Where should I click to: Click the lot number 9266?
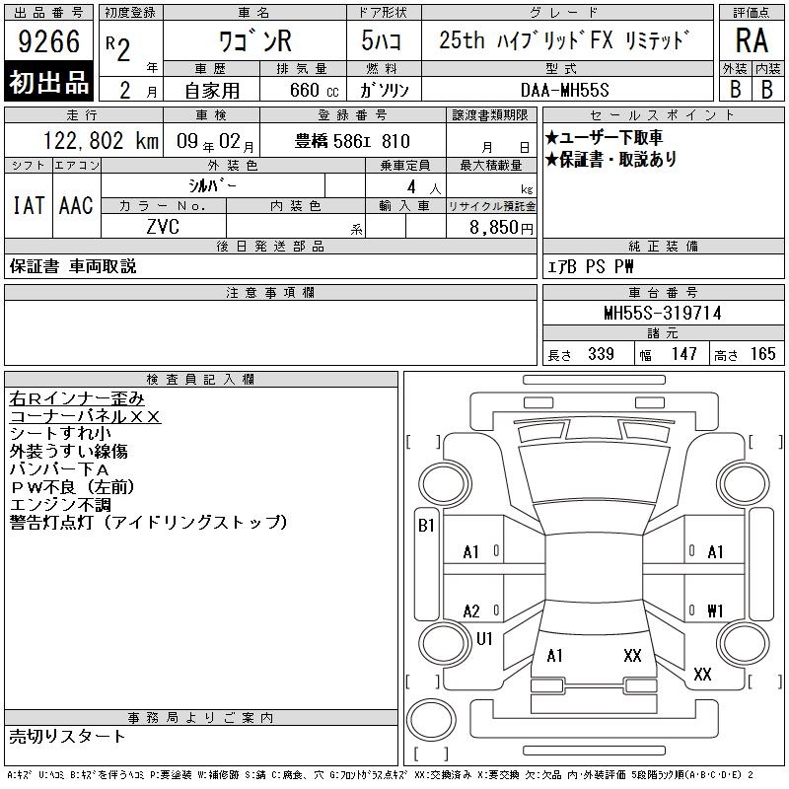[48, 41]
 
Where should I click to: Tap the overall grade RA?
[752, 40]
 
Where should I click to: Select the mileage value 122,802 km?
[102, 141]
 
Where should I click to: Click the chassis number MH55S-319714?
[663, 313]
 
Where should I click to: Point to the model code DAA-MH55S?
[564, 90]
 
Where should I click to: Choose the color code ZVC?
[163, 227]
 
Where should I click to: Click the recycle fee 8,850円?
[501, 228]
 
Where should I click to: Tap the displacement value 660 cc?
[314, 91]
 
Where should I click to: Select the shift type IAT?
[29, 205]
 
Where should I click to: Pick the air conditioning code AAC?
[76, 205]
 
